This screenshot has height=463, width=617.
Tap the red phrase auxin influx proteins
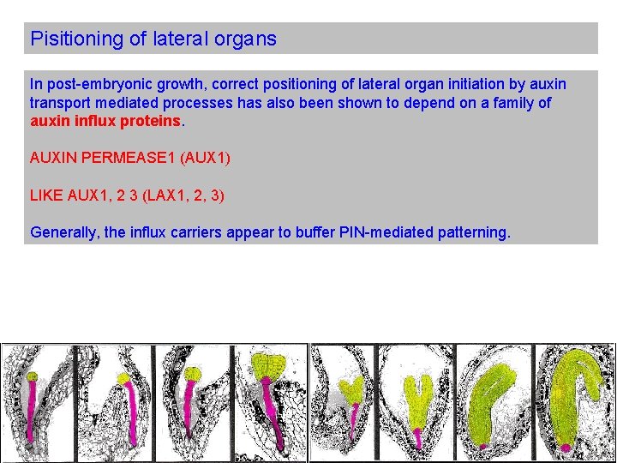(x=105, y=121)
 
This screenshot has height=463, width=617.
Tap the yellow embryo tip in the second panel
(x=123, y=377)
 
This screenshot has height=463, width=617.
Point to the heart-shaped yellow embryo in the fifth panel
(x=351, y=390)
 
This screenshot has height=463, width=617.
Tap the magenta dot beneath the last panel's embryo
(x=566, y=448)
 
